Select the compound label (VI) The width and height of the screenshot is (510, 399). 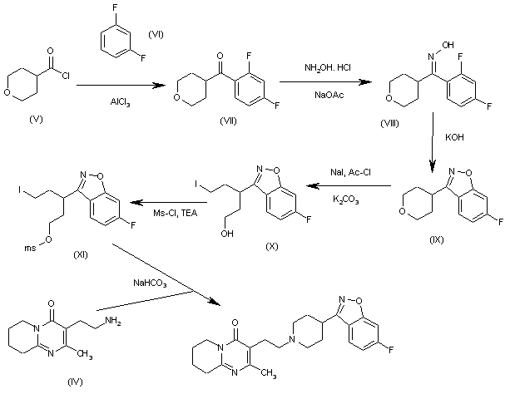pyautogui.click(x=156, y=34)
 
